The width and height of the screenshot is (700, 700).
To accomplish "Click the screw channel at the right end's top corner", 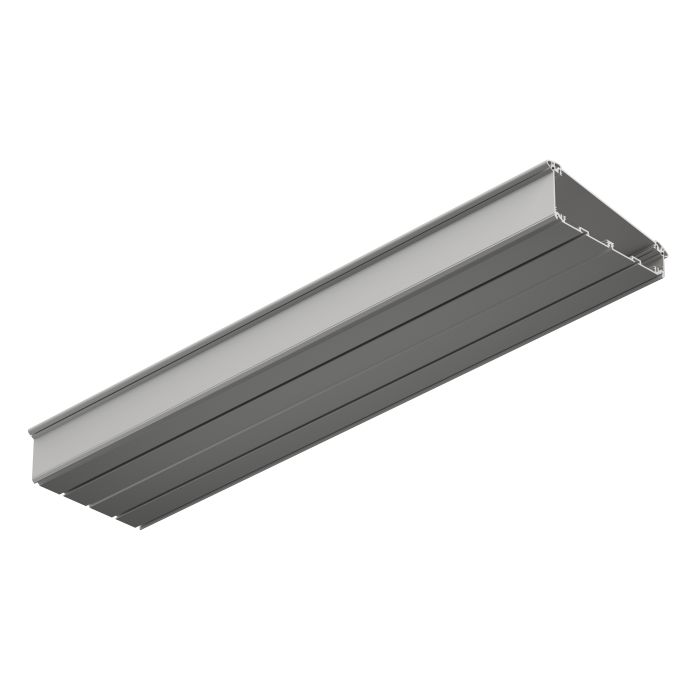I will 556,165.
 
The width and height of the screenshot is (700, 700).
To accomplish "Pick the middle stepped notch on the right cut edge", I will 609,241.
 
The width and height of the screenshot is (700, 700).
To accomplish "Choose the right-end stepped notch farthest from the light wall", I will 632,253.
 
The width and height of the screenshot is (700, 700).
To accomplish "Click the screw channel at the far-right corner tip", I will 659,249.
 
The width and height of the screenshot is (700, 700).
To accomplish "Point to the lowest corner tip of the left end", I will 140,528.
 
